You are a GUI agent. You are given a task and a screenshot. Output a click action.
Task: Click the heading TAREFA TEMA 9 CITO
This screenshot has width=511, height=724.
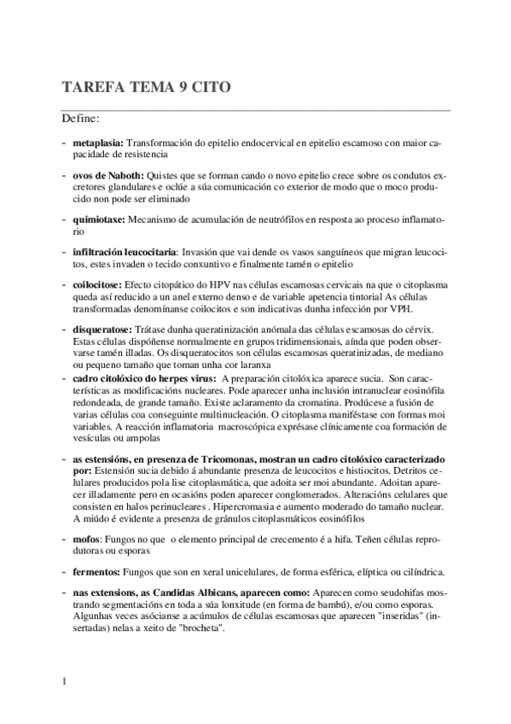pyautogui.click(x=145, y=87)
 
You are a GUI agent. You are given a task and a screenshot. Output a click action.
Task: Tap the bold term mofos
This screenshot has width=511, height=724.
pyautogui.click(x=87, y=539)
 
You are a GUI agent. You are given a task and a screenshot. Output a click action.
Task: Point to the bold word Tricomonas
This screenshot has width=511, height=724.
pyautogui.click(x=224, y=459)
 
